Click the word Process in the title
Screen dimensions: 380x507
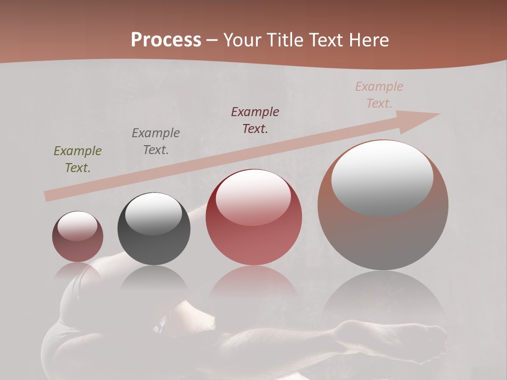click(166, 40)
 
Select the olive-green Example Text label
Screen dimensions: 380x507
click(78, 159)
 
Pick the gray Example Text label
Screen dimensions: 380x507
click(156, 141)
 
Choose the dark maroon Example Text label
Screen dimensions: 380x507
click(255, 120)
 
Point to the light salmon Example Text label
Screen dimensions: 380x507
click(379, 95)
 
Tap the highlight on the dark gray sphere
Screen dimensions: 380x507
click(154, 214)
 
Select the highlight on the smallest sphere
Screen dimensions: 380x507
click(77, 226)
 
